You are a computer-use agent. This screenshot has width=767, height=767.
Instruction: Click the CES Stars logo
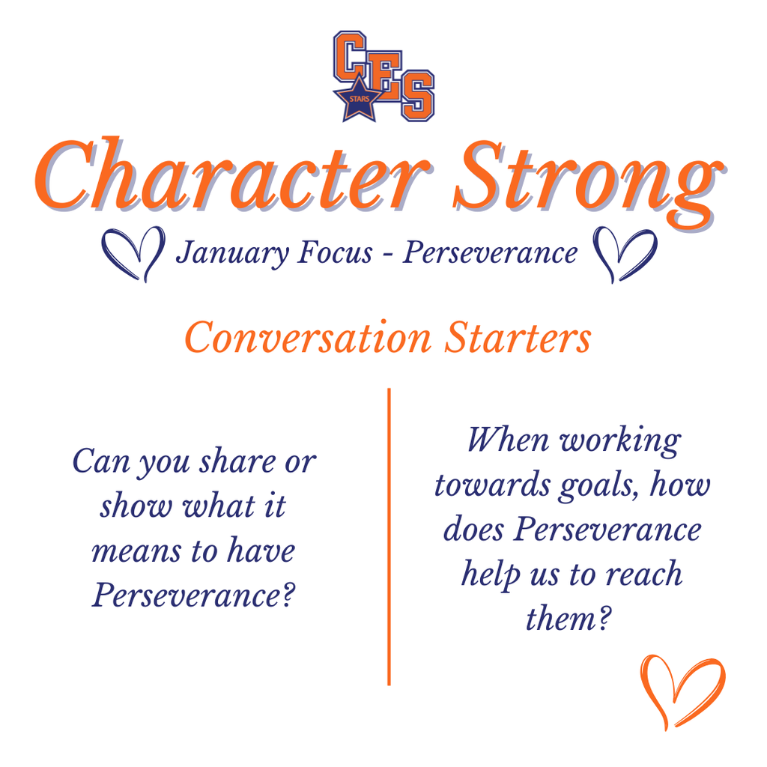383,76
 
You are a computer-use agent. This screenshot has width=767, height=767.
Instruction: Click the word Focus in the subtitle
334,252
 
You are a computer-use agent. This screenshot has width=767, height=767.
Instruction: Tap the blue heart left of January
133,252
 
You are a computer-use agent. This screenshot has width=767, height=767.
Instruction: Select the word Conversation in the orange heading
308,338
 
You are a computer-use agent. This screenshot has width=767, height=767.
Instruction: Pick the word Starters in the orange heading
517,338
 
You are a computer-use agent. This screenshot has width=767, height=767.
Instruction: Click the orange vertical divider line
389,536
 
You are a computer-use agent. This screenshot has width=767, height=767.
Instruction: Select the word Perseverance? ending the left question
192,595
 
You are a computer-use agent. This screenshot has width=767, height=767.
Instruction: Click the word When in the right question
508,440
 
